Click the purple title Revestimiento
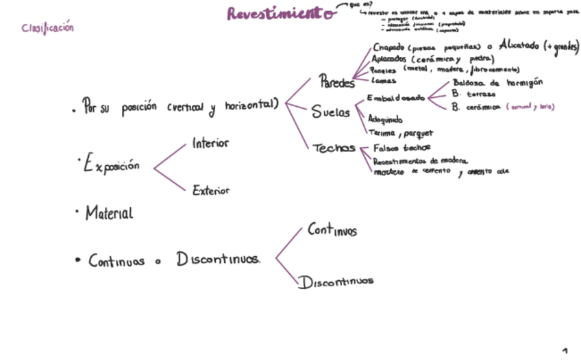point(280,14)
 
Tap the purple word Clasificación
point(47,28)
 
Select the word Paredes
point(337,83)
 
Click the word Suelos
point(331,113)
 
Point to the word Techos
point(334,148)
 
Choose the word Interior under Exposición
point(210,144)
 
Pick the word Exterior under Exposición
point(211,190)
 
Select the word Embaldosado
point(396,98)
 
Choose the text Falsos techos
point(401,148)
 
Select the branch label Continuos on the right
point(332,230)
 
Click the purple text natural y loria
point(530,108)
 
